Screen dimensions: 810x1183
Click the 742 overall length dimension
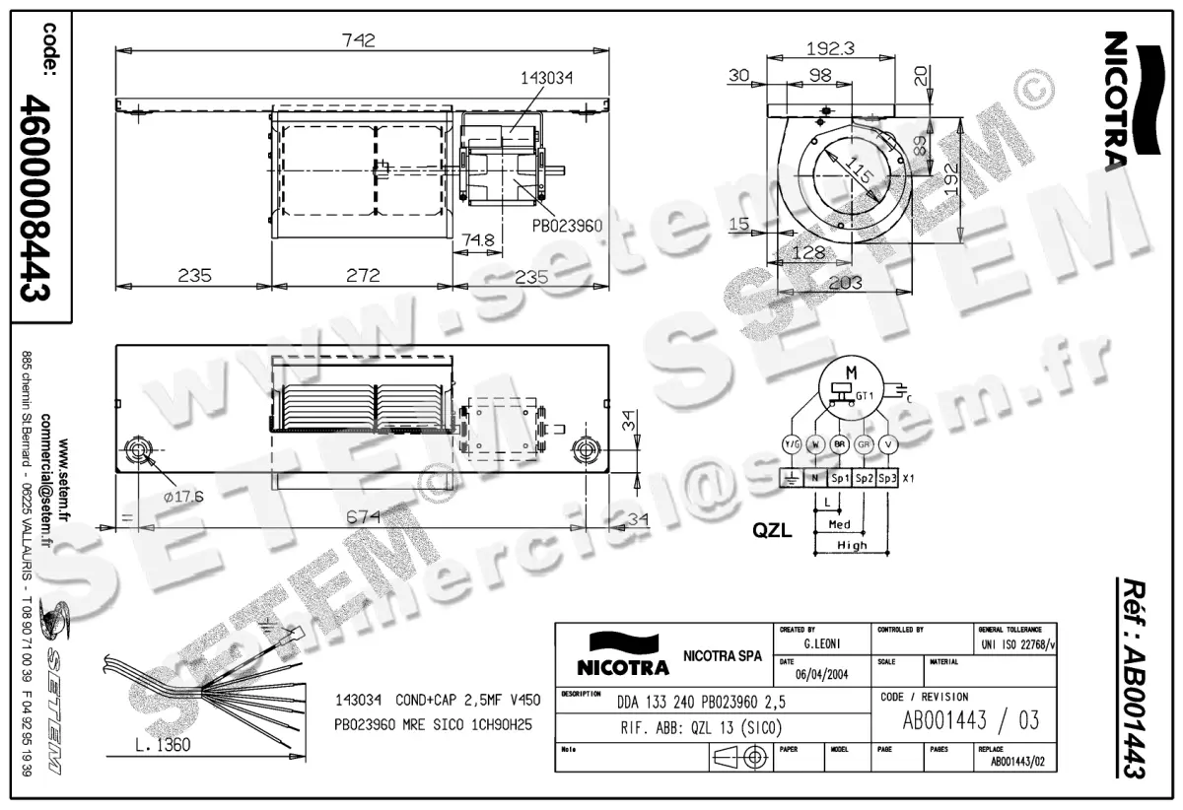[x=360, y=40]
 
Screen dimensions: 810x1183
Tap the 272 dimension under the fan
[x=363, y=276]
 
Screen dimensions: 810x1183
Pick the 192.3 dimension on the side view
[x=829, y=48]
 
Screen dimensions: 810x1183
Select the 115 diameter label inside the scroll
[x=859, y=176]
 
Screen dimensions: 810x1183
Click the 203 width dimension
[x=846, y=282]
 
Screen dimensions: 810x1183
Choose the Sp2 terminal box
[x=864, y=478]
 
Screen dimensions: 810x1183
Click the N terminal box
[x=815, y=478]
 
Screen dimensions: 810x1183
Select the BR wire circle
[x=839, y=444]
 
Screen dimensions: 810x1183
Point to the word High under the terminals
[x=852, y=545]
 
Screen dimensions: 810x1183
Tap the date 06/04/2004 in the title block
[x=814, y=676]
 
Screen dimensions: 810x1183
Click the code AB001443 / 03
[x=971, y=719]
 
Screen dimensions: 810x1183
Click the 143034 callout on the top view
[x=545, y=77]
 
